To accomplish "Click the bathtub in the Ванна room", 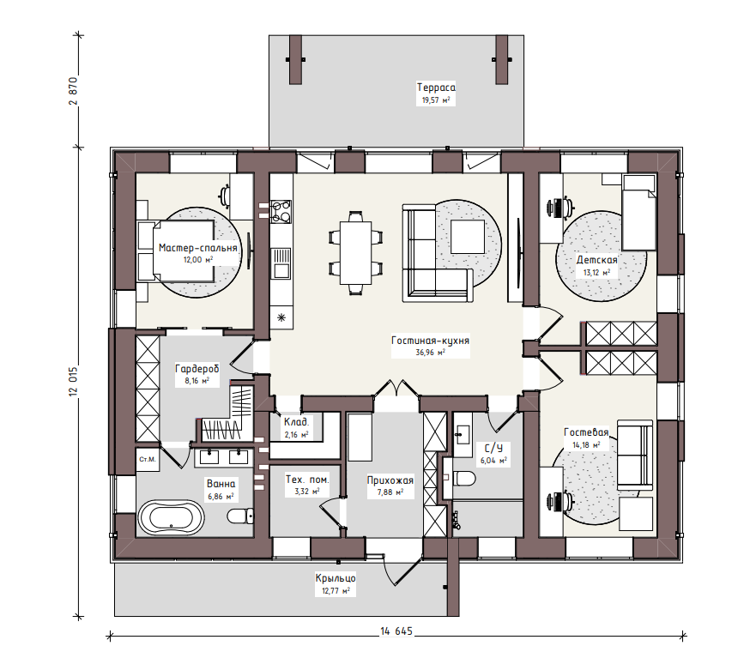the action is pyautogui.click(x=172, y=517).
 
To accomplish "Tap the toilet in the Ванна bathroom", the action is pyautogui.click(x=240, y=516).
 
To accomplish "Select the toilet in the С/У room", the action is pyautogui.click(x=464, y=478).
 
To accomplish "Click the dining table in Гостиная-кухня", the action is pyautogui.click(x=356, y=252).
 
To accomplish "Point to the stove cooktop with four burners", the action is pyautogui.click(x=281, y=211).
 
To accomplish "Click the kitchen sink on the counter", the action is pyautogui.click(x=281, y=263).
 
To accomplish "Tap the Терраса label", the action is pyautogui.click(x=436, y=88).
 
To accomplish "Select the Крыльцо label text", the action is pyautogui.click(x=336, y=578).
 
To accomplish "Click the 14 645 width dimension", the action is pyautogui.click(x=396, y=631).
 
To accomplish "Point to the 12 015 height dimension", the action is pyautogui.click(x=73, y=382).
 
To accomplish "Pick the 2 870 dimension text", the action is pyautogui.click(x=73, y=91).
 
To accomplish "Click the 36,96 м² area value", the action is pyautogui.click(x=431, y=353).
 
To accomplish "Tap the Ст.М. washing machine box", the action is pyautogui.click(x=148, y=460).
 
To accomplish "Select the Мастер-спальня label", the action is pyautogui.click(x=197, y=248).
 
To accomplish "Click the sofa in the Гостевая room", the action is pyautogui.click(x=635, y=455).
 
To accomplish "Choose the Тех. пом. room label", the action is pyautogui.click(x=307, y=479).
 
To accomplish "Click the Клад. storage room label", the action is pyautogui.click(x=297, y=422).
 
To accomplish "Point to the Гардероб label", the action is pyautogui.click(x=197, y=369).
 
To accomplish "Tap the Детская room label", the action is pyautogui.click(x=596, y=260).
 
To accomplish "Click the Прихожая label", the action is pyautogui.click(x=390, y=480).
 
